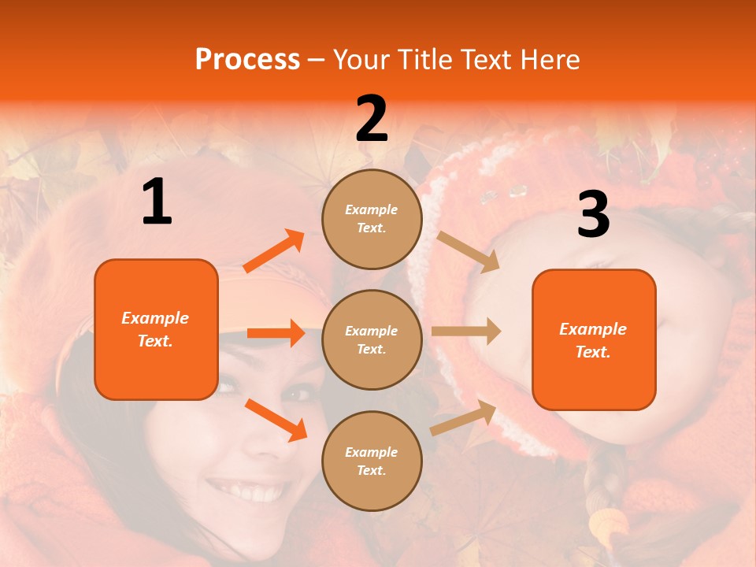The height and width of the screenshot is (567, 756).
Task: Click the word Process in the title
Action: click(247, 59)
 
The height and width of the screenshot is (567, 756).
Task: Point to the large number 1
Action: click(157, 202)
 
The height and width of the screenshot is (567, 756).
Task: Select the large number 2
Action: click(372, 119)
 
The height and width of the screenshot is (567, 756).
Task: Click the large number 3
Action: click(593, 215)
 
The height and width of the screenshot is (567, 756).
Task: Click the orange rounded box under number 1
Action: click(156, 329)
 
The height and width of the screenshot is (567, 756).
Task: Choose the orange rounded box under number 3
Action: click(594, 340)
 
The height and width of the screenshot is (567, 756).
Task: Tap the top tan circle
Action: click(372, 219)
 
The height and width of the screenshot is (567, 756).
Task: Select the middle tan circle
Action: click(372, 339)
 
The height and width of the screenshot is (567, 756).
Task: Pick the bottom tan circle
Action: click(372, 461)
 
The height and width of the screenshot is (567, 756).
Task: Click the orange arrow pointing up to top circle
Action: click(274, 251)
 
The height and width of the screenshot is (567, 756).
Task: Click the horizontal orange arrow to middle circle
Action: click(276, 333)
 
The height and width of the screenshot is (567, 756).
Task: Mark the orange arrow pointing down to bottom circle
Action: click(276, 420)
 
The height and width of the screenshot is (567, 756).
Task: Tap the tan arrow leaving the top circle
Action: click(468, 251)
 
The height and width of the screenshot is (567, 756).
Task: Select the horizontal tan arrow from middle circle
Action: click(466, 332)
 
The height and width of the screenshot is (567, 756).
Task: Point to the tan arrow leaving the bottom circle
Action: click(463, 418)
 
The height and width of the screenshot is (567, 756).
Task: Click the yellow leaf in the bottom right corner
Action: click(606, 524)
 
